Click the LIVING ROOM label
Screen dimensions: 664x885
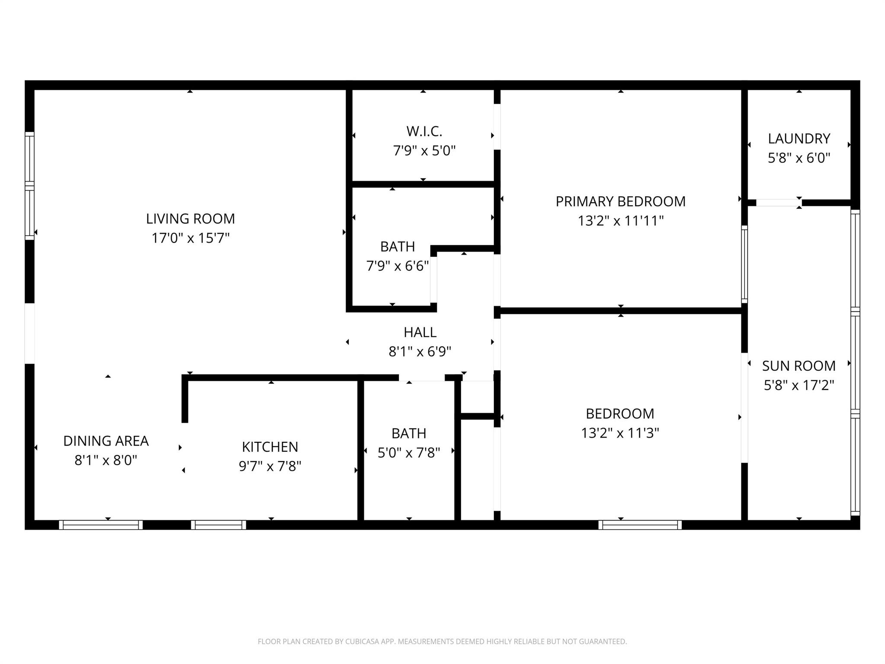pyautogui.click(x=190, y=219)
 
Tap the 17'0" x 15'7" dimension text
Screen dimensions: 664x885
pyautogui.click(x=190, y=238)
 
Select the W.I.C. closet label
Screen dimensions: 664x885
pyautogui.click(x=424, y=131)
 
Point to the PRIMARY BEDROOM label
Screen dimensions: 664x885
pyautogui.click(x=621, y=201)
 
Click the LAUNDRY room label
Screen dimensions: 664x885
pyautogui.click(x=799, y=139)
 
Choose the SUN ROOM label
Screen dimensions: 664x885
pyautogui.click(x=799, y=366)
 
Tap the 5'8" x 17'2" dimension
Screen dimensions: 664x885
pyautogui.click(x=799, y=385)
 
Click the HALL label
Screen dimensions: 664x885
pyautogui.click(x=420, y=332)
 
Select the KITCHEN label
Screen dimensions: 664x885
pyautogui.click(x=270, y=447)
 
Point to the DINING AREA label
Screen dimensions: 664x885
pyautogui.click(x=106, y=441)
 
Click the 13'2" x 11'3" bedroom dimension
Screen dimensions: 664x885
pyautogui.click(x=620, y=433)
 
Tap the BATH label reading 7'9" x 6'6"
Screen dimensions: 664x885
pyautogui.click(x=397, y=246)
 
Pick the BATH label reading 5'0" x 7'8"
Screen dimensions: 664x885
pyautogui.click(x=408, y=433)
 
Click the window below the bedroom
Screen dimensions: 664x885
pyautogui.click(x=640, y=525)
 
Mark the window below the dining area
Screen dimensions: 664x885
pyautogui.click(x=101, y=525)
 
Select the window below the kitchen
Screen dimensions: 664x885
pyautogui.click(x=218, y=525)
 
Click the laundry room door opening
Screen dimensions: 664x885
pyautogui.click(x=778, y=203)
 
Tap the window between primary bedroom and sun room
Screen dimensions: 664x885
pyautogui.click(x=744, y=264)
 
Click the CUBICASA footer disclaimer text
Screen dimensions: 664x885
pyautogui.click(x=442, y=642)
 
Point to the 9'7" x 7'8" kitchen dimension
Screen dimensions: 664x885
pyautogui.click(x=270, y=466)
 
